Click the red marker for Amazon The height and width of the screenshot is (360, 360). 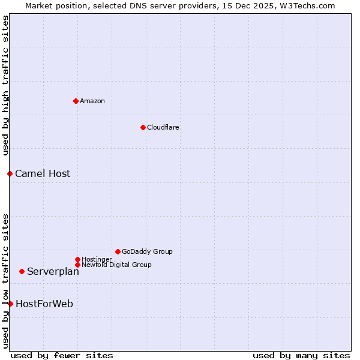point(76,101)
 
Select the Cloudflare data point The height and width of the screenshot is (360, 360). point(143,127)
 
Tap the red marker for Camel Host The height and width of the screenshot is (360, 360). point(10,173)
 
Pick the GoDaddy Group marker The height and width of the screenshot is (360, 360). point(118,251)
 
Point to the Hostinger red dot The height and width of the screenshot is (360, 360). point(77,259)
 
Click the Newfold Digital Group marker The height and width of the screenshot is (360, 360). point(77,265)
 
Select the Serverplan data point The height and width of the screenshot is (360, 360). point(22,271)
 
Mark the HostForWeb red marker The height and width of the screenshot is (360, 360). point(10,304)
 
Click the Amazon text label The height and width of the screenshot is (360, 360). point(92,101)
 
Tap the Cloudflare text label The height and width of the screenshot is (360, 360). point(163,127)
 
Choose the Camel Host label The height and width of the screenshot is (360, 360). point(43,173)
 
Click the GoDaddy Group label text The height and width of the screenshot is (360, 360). point(147,251)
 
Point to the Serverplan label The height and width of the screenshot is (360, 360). point(53,271)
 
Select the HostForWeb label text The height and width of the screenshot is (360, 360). point(44,304)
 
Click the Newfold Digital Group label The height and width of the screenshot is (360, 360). point(116,265)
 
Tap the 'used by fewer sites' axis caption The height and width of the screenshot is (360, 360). point(62,355)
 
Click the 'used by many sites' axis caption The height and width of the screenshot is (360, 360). point(301,355)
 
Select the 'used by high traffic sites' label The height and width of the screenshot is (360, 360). point(5,85)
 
